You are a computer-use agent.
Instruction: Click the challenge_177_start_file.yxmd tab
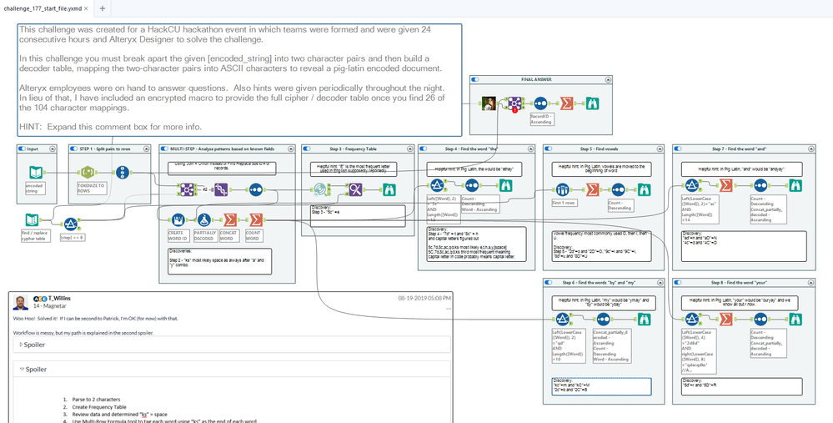pos(45,8)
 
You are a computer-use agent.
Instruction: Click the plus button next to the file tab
pos(102,8)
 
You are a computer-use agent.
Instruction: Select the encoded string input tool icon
pos(36,172)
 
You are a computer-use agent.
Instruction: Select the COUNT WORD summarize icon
pos(256,219)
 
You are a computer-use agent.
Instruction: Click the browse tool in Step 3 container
pos(389,189)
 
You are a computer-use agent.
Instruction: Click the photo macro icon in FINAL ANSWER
pos(489,103)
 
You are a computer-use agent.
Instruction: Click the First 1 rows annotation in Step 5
pos(564,203)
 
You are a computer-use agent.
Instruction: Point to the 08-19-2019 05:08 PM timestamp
pos(424,298)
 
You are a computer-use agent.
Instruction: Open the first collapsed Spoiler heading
pos(34,345)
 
